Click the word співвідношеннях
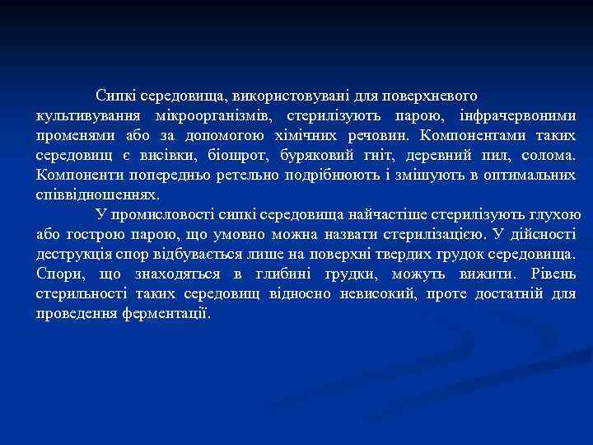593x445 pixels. (97, 195)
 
